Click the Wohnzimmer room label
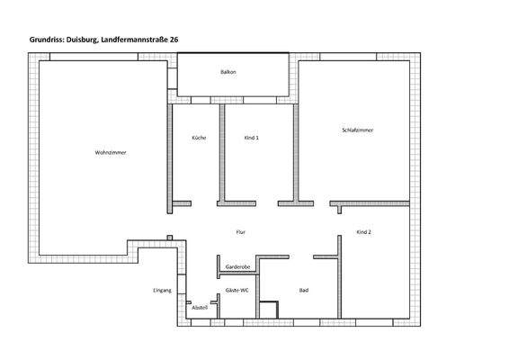[111, 153]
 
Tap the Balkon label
[228, 72]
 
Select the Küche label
[200, 138]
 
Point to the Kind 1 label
[251, 138]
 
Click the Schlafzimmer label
[358, 131]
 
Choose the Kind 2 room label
[363, 232]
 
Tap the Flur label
[240, 232]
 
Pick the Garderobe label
[237, 267]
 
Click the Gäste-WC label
[237, 290]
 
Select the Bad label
[304, 290]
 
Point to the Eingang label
[162, 290]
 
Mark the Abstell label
[200, 307]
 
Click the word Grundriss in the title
[48, 40]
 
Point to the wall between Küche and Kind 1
[221, 153]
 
